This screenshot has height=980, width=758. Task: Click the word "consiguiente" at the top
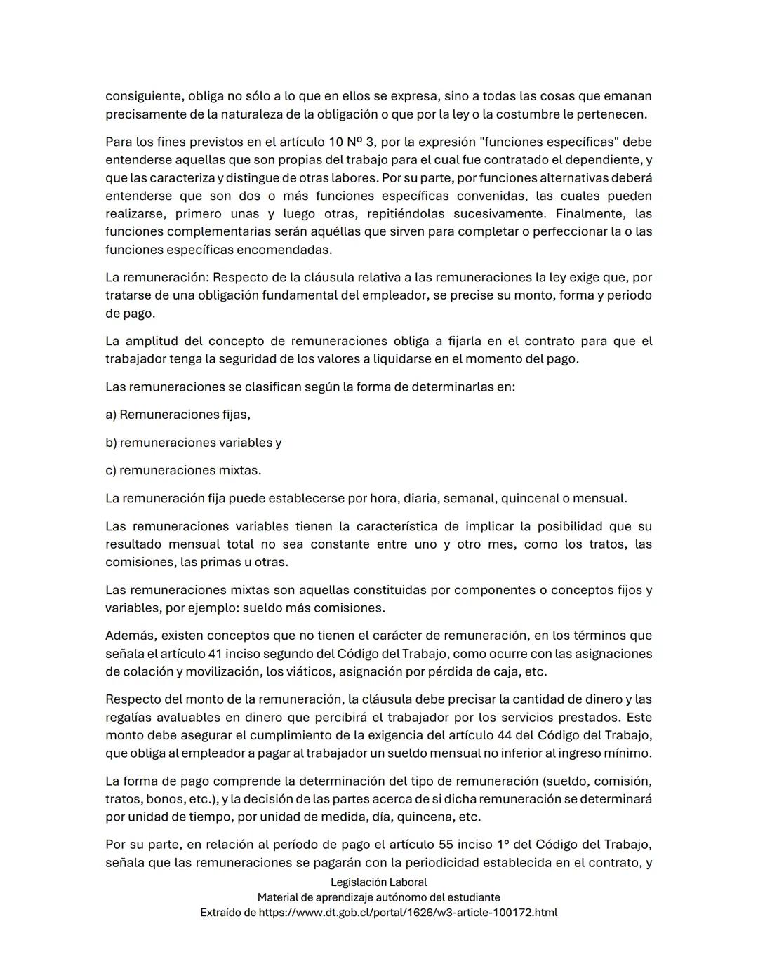tap(143, 96)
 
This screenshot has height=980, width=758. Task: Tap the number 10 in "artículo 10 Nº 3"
tap(335, 142)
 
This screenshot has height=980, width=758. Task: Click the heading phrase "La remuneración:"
tap(157, 277)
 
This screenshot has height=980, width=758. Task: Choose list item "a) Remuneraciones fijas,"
tap(178, 415)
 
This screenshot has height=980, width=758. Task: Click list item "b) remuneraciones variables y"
tap(193, 443)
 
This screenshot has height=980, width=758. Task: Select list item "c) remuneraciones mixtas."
tap(183, 470)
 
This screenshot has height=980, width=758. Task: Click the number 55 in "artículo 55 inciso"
tap(447, 845)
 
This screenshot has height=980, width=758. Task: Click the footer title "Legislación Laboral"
tap(378, 882)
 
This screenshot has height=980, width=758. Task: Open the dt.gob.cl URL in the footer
tap(408, 913)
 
